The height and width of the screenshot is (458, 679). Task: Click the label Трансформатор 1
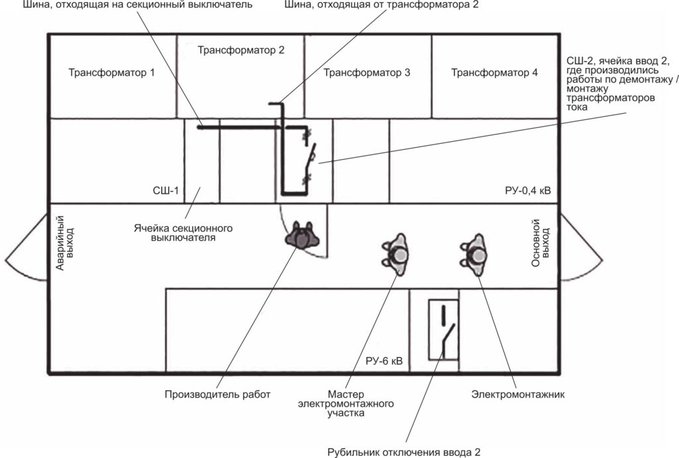[x=111, y=72]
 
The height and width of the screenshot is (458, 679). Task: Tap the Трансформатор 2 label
[x=241, y=50]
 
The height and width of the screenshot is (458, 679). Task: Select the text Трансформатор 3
[x=367, y=72]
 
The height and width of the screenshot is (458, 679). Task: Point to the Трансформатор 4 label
[x=494, y=72]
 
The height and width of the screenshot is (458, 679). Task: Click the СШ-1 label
[x=165, y=190]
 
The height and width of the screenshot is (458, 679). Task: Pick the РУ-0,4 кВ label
[x=528, y=190]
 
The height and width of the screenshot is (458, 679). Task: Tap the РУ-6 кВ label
[x=384, y=361]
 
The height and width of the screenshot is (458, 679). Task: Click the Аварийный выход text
[x=65, y=243]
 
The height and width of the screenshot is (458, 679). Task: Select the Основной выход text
[x=540, y=243]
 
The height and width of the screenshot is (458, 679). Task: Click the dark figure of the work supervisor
[x=302, y=236]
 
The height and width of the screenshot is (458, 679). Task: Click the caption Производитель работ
[x=217, y=394]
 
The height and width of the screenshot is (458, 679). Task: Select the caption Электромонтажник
[x=518, y=394]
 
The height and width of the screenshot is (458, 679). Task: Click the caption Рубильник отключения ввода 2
[x=404, y=453]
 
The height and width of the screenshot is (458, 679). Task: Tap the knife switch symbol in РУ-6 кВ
[x=448, y=331]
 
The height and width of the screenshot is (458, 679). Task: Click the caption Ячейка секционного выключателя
[x=183, y=233]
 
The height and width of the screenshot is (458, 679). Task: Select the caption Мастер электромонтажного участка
[x=345, y=404]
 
